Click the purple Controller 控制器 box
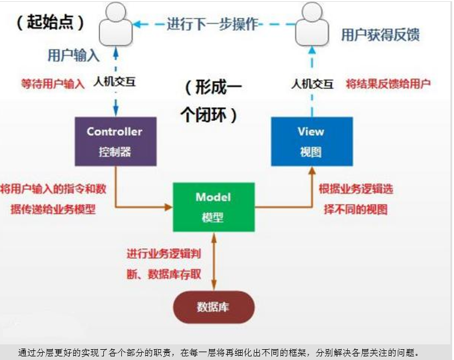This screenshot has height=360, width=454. tap(115, 141)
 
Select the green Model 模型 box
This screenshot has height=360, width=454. tap(213, 207)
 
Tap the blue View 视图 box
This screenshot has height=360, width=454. tap(310, 141)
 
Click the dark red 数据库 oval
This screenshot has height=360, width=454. tap(213, 307)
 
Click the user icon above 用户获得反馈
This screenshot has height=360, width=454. tap(312, 23)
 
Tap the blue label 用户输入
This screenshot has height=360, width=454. tap(73, 55)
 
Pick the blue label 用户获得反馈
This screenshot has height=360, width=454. tap(380, 34)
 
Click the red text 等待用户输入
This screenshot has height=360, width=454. tap(52, 84)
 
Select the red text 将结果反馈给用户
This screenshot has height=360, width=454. tap(388, 84)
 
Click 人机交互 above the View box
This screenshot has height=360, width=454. tap(312, 84)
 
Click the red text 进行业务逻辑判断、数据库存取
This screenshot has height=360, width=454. tap(164, 264)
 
